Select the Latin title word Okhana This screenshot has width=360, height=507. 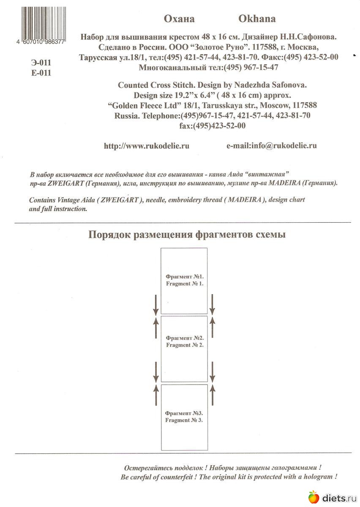point(257,19)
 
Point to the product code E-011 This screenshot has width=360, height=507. point(41,72)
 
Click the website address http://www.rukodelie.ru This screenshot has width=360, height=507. point(146,146)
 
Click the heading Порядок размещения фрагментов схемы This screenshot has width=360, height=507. point(187,234)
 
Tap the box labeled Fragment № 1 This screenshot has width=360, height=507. point(184,281)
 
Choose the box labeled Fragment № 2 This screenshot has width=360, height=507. point(184,349)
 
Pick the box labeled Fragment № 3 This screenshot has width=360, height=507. point(184,417)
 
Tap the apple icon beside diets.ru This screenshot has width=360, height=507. point(313,497)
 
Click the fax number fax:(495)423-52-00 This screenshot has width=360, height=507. point(213,125)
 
